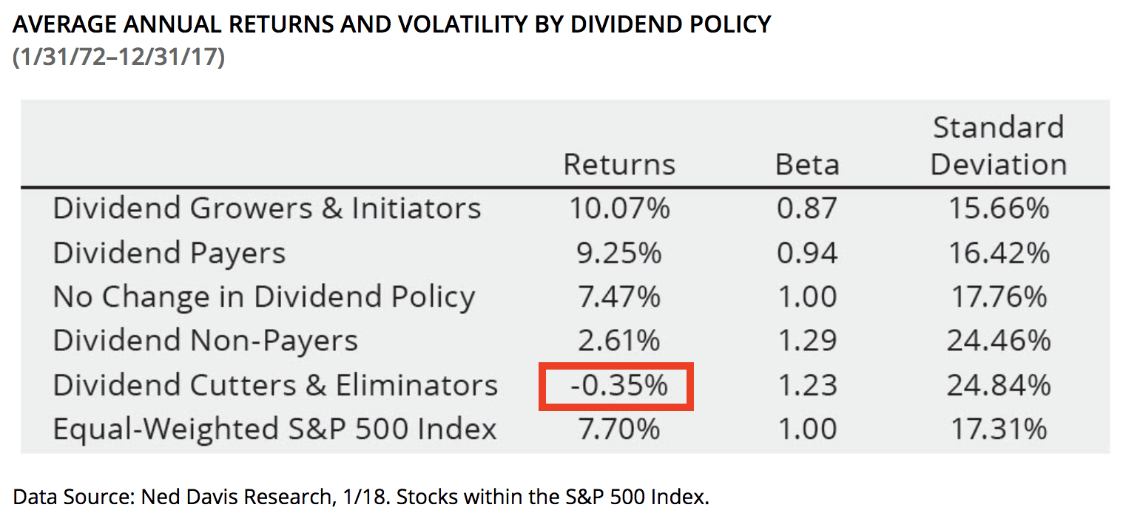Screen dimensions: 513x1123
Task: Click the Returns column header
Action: point(619,164)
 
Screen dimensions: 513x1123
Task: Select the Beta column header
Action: point(806,164)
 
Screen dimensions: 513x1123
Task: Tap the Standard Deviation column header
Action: point(998,146)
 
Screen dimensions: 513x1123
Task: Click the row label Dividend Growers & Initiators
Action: point(267,208)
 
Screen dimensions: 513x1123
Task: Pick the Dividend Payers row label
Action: point(169,253)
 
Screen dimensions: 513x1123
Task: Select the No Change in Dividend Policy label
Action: point(264,297)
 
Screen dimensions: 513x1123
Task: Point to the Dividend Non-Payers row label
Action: point(206,341)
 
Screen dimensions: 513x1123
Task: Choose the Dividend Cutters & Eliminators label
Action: point(275,385)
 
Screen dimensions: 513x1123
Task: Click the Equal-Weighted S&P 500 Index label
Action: point(274,429)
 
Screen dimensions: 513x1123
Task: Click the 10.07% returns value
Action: point(619,208)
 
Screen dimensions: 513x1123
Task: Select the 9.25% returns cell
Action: point(619,253)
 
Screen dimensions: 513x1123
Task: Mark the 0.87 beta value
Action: point(806,208)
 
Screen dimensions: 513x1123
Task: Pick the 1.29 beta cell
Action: point(806,341)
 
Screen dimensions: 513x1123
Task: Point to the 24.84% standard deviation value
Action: point(998,385)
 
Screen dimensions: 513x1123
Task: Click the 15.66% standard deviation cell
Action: point(998,208)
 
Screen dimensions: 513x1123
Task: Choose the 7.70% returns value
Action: point(619,429)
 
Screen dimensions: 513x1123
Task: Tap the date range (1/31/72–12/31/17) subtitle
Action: point(119,57)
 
